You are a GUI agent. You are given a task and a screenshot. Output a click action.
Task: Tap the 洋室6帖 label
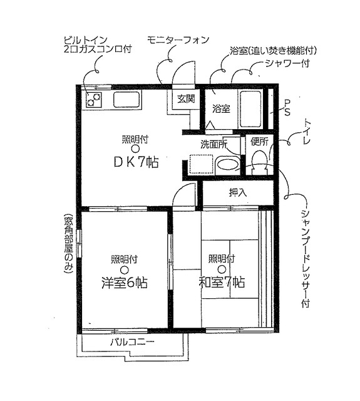pyautogui.click(x=125, y=283)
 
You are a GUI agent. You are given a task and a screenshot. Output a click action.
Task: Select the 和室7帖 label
pyautogui.click(x=222, y=283)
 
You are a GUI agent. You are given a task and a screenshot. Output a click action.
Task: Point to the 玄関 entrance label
pyautogui.click(x=185, y=98)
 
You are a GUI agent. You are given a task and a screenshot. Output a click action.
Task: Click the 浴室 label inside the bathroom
pyautogui.click(x=220, y=108)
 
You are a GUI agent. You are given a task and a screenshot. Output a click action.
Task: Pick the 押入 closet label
pyautogui.click(x=237, y=192)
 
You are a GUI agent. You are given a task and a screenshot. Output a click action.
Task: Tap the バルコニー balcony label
pyautogui.click(x=131, y=342)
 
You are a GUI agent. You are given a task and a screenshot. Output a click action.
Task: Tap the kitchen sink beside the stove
pyautogui.click(x=127, y=99)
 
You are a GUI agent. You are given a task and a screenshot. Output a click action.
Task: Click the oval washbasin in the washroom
pyautogui.click(x=227, y=165)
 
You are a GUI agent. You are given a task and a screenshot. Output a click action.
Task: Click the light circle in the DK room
pyautogui.click(x=135, y=148)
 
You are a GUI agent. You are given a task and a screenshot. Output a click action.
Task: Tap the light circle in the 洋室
pyautogui.click(x=125, y=269)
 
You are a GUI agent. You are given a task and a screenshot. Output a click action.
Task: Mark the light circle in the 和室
pyautogui.click(x=222, y=269)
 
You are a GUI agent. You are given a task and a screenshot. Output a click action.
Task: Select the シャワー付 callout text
pyautogui.click(x=287, y=63)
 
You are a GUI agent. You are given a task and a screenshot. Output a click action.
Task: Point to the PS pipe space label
pyautogui.click(x=287, y=107)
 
